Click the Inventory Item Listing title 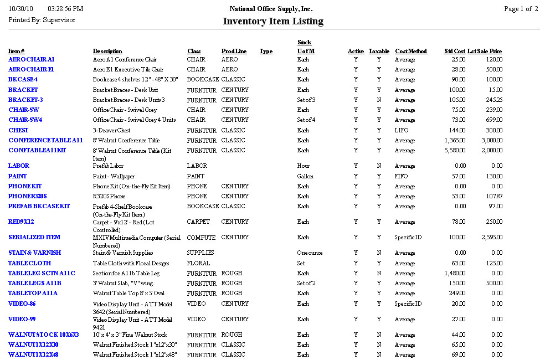[272, 22]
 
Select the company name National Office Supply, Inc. [271, 9]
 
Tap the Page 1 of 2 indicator [521, 9]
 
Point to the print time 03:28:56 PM [65, 9]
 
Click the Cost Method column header [410, 52]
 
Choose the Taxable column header [379, 52]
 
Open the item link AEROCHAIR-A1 [31, 59]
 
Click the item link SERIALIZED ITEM [34, 237]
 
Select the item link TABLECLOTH [29, 263]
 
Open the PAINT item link [17, 176]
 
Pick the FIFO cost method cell [401, 176]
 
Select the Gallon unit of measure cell [305, 176]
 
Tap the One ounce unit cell [310, 253]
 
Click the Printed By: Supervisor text [42, 20]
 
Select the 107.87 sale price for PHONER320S [492, 197]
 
